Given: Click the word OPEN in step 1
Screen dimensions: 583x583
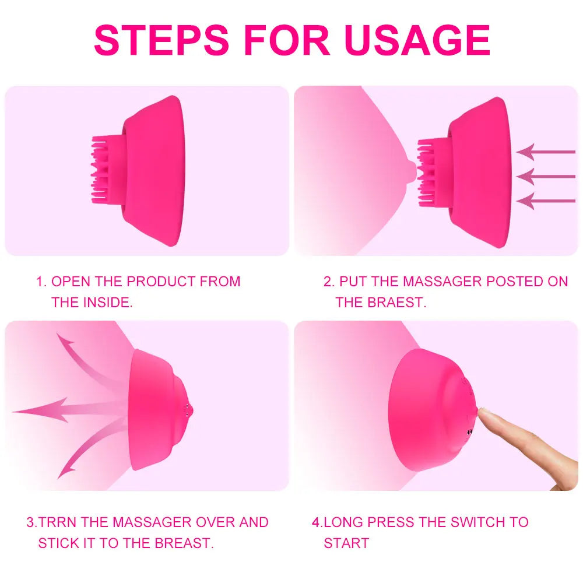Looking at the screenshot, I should click(71, 282).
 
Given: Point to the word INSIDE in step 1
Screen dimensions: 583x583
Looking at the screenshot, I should click(107, 303).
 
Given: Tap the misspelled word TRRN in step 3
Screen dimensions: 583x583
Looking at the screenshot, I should click(58, 522).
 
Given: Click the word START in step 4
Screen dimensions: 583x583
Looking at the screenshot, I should click(346, 543).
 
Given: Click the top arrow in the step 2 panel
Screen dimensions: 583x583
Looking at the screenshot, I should click(545, 152).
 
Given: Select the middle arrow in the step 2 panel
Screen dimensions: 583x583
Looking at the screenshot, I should click(545, 177).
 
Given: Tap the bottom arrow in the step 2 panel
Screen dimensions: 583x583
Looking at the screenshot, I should click(545, 202).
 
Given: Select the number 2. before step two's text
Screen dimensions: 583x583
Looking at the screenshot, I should click(329, 282).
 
